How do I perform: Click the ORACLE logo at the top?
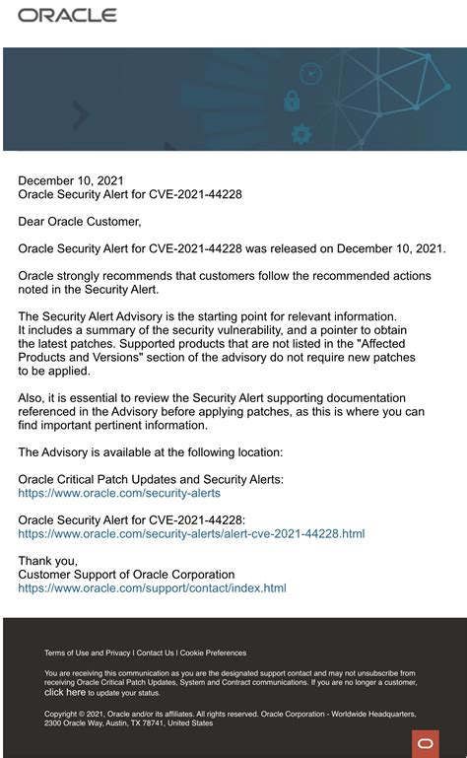[67, 16]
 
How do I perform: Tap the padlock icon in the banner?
[292, 101]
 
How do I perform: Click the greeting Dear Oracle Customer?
[80, 222]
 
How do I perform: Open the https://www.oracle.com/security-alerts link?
[119, 493]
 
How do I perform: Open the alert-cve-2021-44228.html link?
[191, 533]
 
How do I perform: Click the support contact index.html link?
[152, 588]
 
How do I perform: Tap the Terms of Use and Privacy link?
[88, 653]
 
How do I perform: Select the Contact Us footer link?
[156, 653]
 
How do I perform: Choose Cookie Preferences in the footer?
[213, 653]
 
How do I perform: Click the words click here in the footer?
[65, 693]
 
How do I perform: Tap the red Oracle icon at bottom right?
[426, 743]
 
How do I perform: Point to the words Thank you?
[47, 561]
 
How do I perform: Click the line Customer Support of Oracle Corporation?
[126, 575]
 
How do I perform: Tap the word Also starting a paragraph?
[33, 398]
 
